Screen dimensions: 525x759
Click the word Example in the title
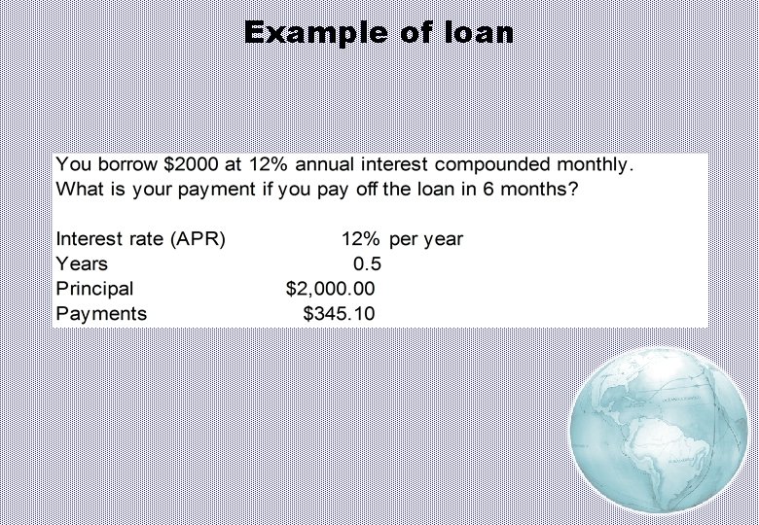[x=315, y=32]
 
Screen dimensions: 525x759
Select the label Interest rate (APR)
[x=141, y=239]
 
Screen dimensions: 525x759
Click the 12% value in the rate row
[x=360, y=239]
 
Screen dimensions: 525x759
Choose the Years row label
[x=82, y=263]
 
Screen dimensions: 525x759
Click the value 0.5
[x=368, y=263]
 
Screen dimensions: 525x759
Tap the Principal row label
[x=94, y=289]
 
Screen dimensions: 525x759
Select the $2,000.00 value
[x=330, y=289]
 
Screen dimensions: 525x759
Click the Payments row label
[x=101, y=314]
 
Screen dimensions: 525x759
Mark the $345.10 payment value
[x=339, y=314]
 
